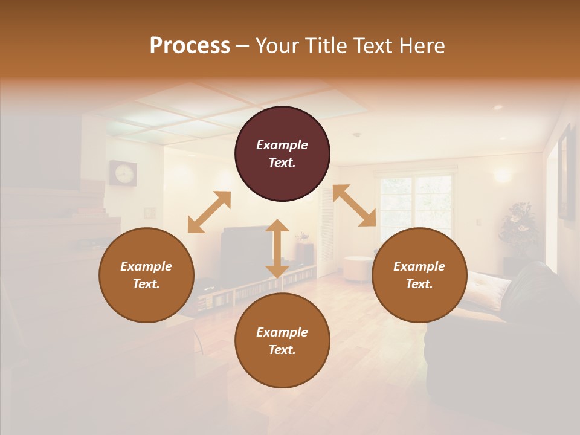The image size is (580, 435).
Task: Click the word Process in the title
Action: click(x=190, y=46)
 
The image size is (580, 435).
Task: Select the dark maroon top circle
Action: click(x=282, y=153)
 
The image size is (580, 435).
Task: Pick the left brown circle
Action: click(x=146, y=275)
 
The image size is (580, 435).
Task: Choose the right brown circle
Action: click(x=419, y=275)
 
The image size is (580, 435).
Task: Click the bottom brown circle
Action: click(x=282, y=341)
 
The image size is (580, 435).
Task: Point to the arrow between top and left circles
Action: click(x=209, y=212)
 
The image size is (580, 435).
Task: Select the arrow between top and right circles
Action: click(x=355, y=205)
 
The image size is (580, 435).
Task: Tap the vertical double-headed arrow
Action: click(x=277, y=248)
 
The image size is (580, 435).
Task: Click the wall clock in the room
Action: click(x=123, y=173)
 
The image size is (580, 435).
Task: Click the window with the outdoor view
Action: click(x=416, y=202)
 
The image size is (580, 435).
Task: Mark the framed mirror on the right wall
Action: click(x=565, y=172)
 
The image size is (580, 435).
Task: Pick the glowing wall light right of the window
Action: click(x=502, y=176)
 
